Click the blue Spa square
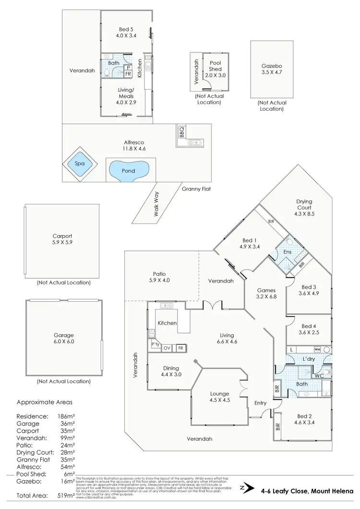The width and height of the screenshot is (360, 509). [x=79, y=164]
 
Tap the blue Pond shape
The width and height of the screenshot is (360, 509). [x=128, y=170]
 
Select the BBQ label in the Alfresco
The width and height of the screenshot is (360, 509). [x=182, y=131]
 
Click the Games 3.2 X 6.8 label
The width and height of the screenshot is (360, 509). [x=266, y=294]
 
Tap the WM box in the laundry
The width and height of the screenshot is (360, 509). [x=317, y=349]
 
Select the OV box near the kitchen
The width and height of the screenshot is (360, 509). [x=168, y=348]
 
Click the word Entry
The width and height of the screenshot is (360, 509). [x=260, y=403]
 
